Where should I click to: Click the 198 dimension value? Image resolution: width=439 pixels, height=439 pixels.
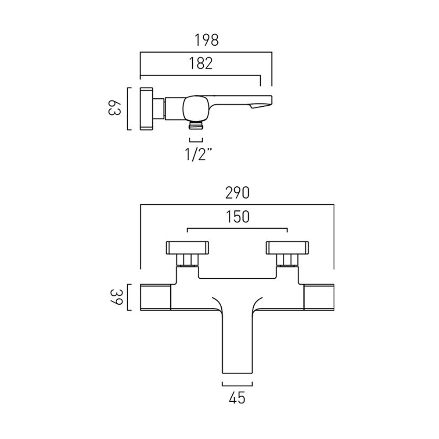(206, 40)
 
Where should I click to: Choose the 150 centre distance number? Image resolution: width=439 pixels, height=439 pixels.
(237, 216)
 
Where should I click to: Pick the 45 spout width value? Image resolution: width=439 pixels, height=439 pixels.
(237, 399)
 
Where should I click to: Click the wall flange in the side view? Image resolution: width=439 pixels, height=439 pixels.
(146, 108)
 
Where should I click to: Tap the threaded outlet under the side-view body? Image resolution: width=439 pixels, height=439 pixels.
(196, 126)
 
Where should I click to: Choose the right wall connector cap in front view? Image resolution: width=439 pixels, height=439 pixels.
(287, 248)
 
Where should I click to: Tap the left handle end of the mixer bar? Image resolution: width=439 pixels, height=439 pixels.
(155, 297)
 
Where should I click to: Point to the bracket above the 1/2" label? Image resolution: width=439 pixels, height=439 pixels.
(196, 140)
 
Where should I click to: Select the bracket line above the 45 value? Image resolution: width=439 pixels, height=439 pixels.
(237, 384)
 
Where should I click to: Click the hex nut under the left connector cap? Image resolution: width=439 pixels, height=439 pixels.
(188, 261)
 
